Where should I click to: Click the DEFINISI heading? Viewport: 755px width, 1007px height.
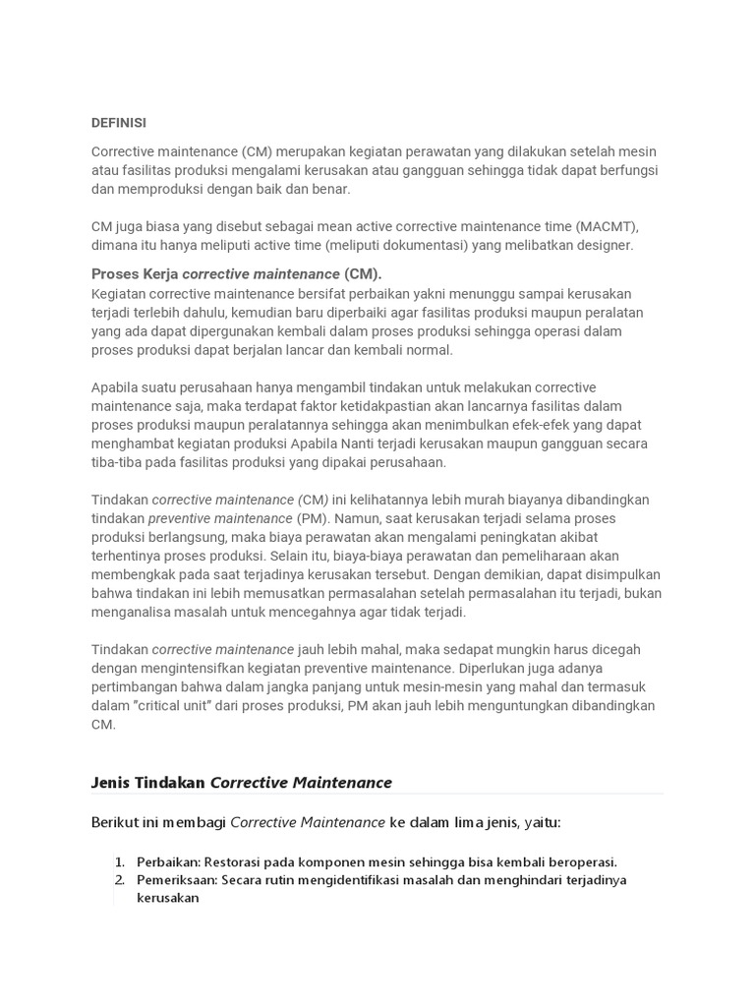[119, 123]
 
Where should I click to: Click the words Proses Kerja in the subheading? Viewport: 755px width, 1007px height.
[135, 273]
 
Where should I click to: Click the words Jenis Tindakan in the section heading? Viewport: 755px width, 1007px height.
[148, 783]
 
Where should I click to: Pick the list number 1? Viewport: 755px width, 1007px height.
[120, 861]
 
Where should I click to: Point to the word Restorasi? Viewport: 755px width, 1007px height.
[236, 861]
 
